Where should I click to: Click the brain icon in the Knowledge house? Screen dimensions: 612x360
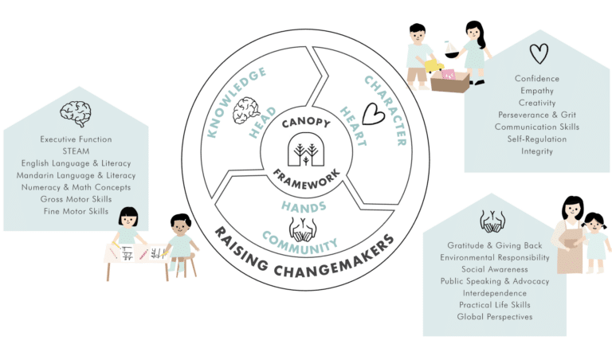pos(76,114)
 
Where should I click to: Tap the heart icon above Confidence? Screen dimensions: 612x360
pos(539,53)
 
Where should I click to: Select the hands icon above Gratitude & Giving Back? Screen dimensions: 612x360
pos(492,221)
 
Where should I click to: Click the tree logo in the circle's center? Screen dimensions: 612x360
pos(306,150)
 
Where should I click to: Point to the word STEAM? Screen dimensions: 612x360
pos(76,151)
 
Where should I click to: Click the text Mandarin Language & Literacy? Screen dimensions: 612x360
pos(76,175)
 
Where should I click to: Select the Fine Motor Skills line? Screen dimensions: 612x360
pos(76,211)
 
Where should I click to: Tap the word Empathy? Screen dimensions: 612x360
pos(537,91)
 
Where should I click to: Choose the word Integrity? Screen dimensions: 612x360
pos(537,151)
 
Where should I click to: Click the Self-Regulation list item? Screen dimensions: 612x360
pos(537,139)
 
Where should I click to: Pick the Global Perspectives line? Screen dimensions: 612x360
pos(495,317)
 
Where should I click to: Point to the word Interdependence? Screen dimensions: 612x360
pos(495,293)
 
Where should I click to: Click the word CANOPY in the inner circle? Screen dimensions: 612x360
pos(306,123)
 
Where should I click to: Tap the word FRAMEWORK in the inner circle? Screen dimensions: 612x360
pos(307,180)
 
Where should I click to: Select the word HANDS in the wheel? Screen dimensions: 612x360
pos(304,207)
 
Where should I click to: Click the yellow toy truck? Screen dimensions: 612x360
pos(434,65)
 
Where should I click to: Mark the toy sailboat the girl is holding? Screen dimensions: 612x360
pos(452,49)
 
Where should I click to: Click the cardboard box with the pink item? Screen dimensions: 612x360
pos(450,80)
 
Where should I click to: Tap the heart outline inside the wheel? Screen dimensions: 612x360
pos(373,114)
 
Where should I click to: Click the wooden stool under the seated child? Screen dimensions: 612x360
pos(185,265)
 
